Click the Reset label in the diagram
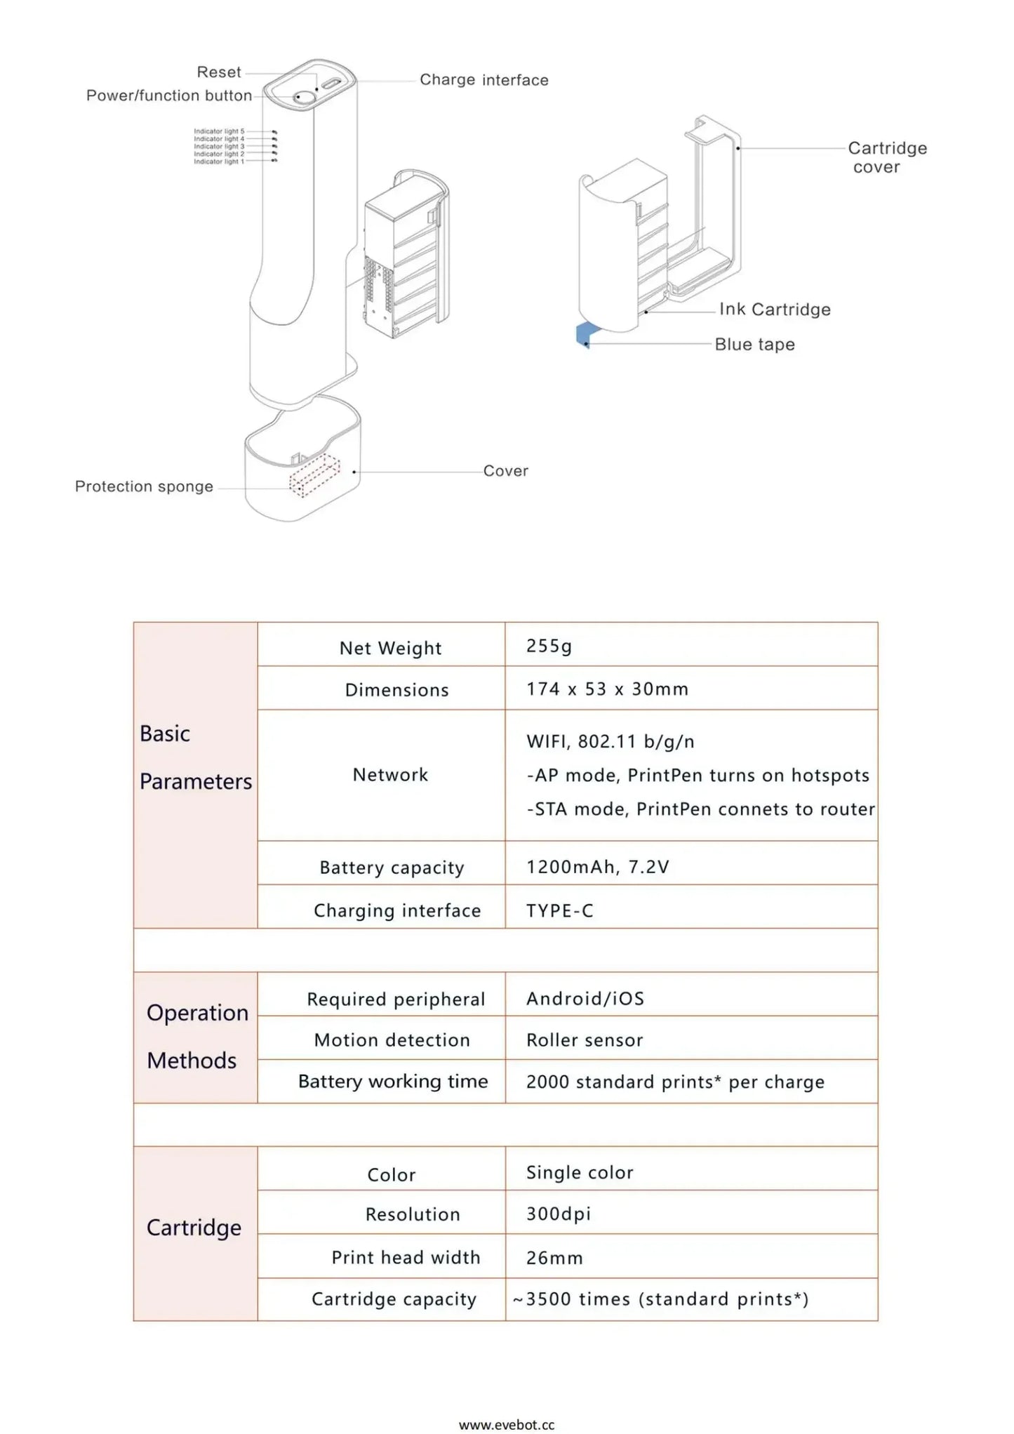(x=218, y=72)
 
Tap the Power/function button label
(x=168, y=95)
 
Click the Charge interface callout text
(x=483, y=80)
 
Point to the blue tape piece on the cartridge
(x=585, y=334)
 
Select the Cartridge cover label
(x=886, y=157)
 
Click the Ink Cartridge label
(x=774, y=310)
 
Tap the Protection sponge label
(x=144, y=486)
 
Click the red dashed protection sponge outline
(x=314, y=475)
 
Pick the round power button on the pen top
(x=304, y=97)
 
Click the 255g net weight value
(x=549, y=646)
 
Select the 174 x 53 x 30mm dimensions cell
(x=607, y=689)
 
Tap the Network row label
(x=390, y=775)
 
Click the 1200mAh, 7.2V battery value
(x=597, y=867)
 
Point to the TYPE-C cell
(x=559, y=910)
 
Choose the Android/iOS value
(x=585, y=998)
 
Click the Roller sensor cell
(x=584, y=1040)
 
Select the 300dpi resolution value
(x=558, y=1214)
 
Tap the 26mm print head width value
(x=554, y=1258)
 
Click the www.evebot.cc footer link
(x=506, y=1424)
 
